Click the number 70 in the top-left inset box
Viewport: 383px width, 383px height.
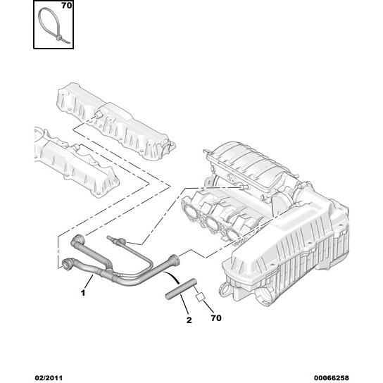[67, 6]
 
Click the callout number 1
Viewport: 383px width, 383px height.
[83, 293]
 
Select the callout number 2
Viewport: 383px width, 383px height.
[189, 320]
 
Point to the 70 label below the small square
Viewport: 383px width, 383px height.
[216, 318]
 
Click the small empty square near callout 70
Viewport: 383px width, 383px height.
[200, 297]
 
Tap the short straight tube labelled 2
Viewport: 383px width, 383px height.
[181, 289]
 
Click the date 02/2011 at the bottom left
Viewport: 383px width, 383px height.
[49, 378]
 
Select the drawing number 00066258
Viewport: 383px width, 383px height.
[331, 378]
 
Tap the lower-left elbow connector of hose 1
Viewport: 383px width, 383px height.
[67, 263]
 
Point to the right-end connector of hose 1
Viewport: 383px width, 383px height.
[175, 259]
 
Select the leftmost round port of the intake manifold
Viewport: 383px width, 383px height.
[190, 210]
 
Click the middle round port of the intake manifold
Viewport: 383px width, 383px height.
[211, 222]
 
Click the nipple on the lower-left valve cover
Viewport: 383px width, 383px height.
[77, 147]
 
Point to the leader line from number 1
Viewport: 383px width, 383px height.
[89, 281]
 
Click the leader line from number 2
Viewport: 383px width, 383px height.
[184, 304]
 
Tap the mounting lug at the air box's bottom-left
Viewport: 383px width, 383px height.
[225, 290]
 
